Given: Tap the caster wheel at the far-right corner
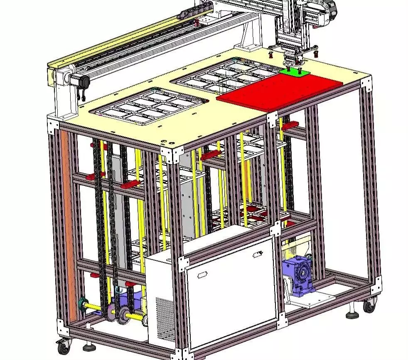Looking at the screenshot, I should [x=368, y=307].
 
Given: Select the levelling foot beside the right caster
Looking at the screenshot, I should [x=353, y=312].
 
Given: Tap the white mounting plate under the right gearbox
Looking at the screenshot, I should [x=316, y=299].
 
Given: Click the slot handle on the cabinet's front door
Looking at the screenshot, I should [x=202, y=274].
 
